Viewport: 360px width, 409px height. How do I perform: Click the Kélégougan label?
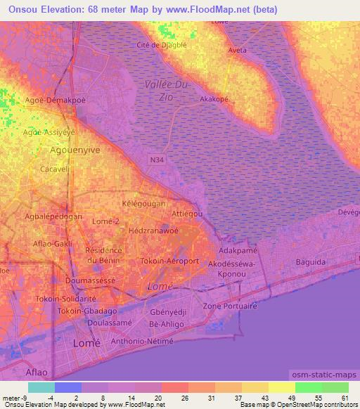tap(143, 203)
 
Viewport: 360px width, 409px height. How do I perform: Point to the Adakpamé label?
tap(236, 250)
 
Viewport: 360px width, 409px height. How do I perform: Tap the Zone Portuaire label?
tap(230, 306)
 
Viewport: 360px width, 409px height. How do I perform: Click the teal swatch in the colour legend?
tap(41, 387)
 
